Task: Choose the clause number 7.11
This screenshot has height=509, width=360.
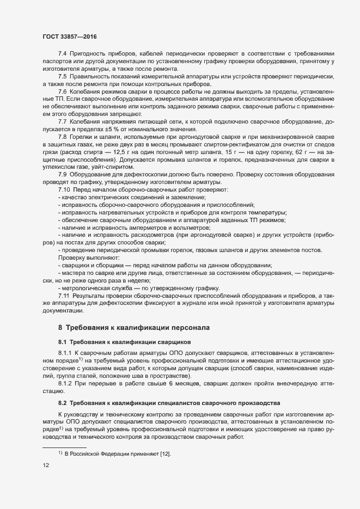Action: coord(64,295)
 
